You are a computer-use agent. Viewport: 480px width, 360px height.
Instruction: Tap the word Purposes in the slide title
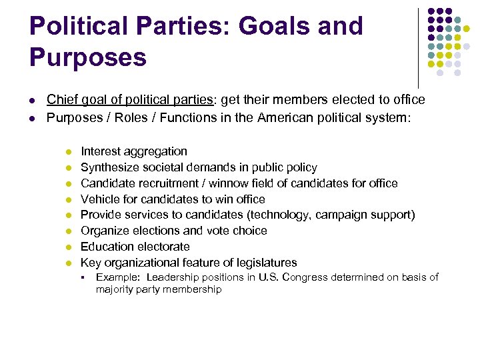(x=87, y=57)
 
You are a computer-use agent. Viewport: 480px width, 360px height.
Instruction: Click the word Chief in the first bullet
(x=61, y=100)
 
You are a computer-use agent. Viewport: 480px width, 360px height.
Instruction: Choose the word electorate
(x=164, y=247)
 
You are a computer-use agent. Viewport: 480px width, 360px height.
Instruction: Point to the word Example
(x=117, y=277)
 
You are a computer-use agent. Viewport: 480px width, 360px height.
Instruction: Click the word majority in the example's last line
(x=115, y=289)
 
